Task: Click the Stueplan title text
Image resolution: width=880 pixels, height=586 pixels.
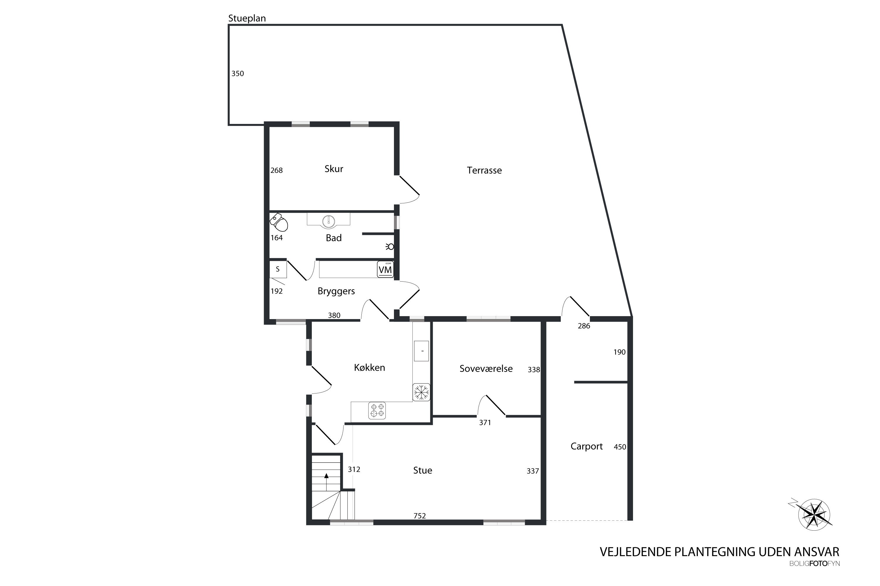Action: [247, 18]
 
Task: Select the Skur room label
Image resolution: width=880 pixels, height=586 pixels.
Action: [334, 169]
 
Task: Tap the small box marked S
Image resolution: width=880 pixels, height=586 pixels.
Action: [278, 269]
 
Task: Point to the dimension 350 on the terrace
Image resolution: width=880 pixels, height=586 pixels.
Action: [238, 74]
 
